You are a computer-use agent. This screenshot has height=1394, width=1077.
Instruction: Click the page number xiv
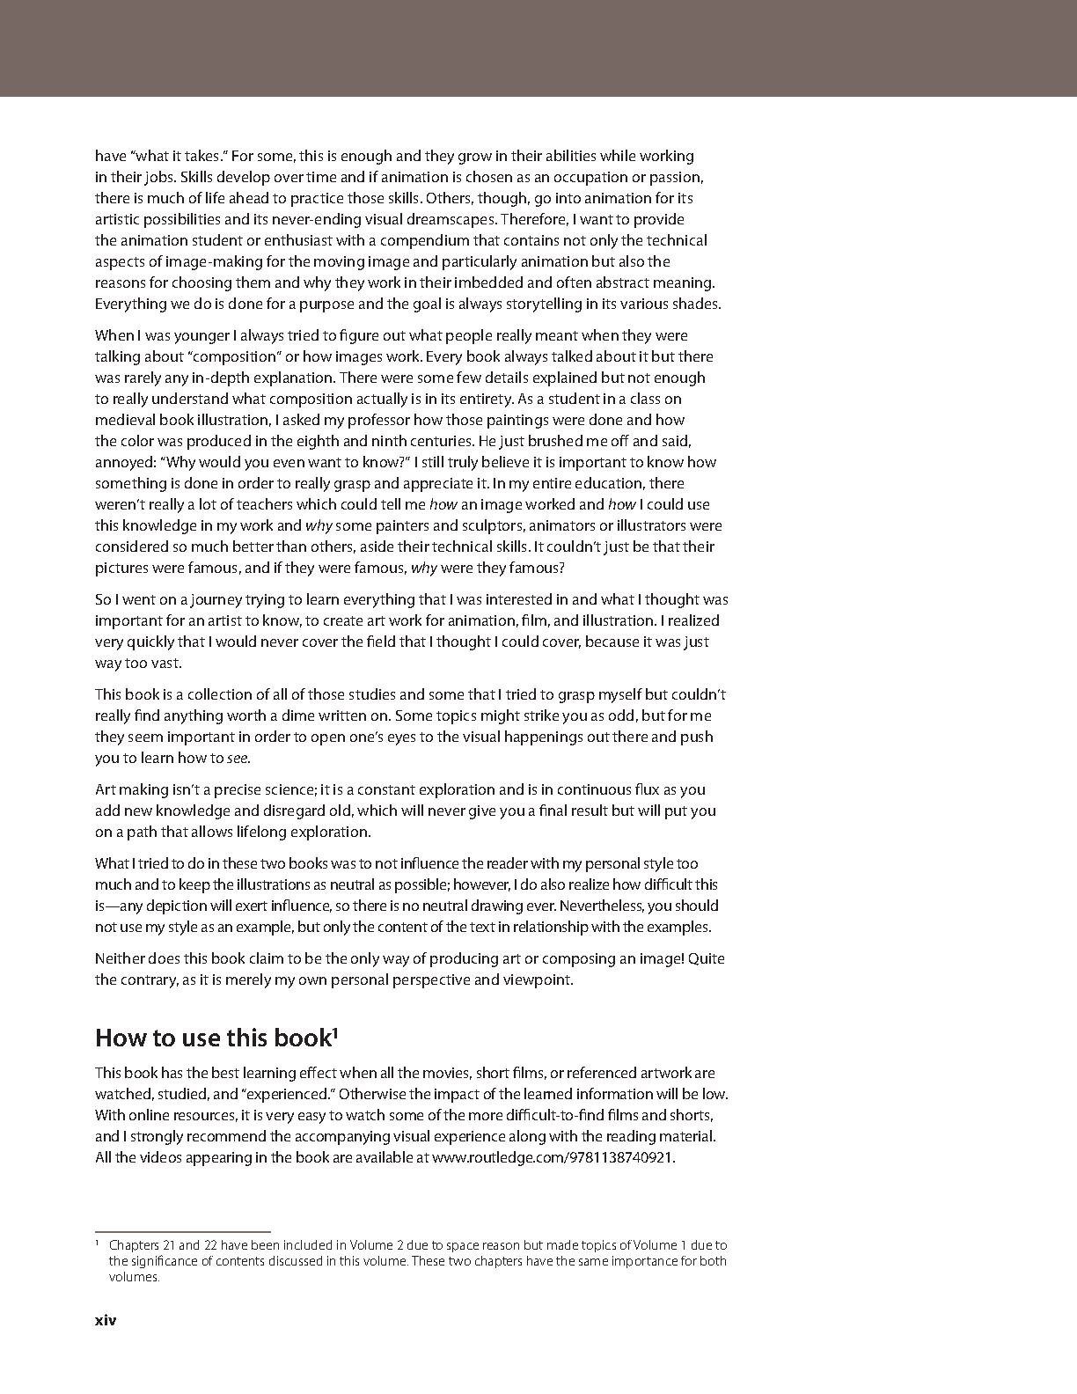pyautogui.click(x=106, y=1320)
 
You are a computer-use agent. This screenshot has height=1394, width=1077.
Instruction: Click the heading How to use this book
pyautogui.click(x=212, y=1038)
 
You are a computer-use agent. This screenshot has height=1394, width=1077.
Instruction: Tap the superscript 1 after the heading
pyautogui.click(x=335, y=1031)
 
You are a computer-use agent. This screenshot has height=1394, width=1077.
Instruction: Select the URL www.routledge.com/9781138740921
pyautogui.click(x=552, y=1157)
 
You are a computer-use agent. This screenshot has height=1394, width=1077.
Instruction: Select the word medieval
pyautogui.click(x=123, y=420)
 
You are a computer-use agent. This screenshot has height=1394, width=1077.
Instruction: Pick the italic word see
pyautogui.click(x=238, y=759)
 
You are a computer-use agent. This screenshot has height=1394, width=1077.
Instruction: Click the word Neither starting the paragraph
pyautogui.click(x=120, y=958)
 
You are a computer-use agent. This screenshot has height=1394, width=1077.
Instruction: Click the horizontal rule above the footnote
pyautogui.click(x=182, y=1232)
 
